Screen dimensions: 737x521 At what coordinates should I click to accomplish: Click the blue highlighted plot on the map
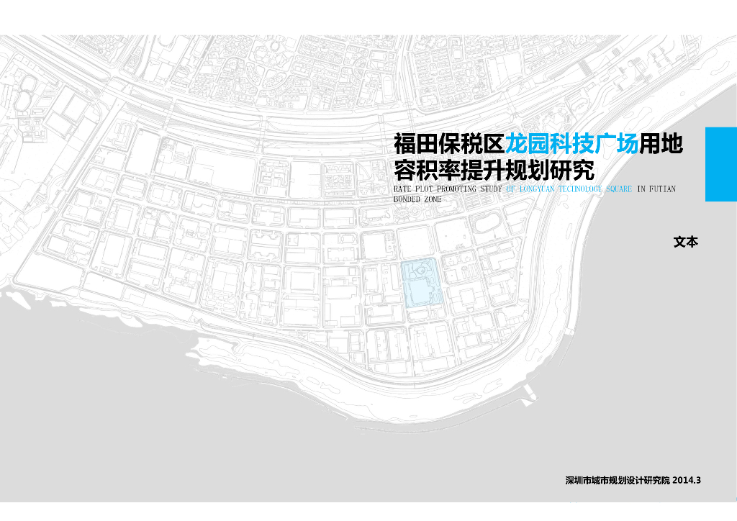pyautogui.click(x=420, y=284)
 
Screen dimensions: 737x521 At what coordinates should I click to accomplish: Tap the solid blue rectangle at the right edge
pyautogui.click(x=720, y=164)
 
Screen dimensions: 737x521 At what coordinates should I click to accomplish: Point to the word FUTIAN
pyautogui.click(x=663, y=189)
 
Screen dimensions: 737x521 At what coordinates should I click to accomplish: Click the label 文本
pyautogui.click(x=686, y=243)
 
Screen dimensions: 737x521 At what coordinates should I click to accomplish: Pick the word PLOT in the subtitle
pyautogui.click(x=425, y=189)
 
